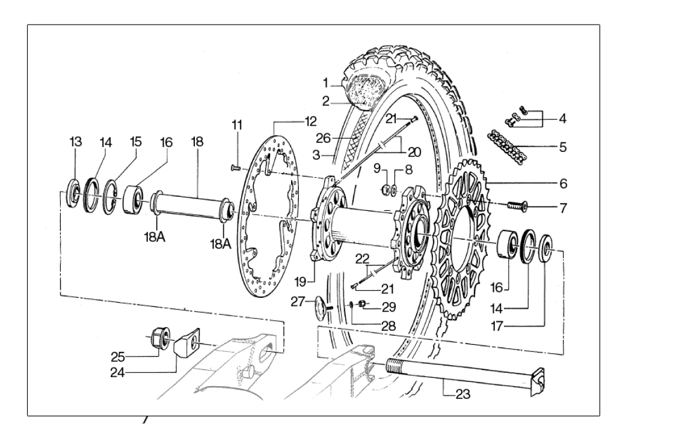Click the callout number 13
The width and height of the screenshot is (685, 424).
(75, 142)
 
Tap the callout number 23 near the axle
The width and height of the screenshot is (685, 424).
(462, 395)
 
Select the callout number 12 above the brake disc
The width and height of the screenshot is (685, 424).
(310, 121)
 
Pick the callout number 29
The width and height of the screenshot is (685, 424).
(389, 307)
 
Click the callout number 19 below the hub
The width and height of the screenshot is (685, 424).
(301, 280)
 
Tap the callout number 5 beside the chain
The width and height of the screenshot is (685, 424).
(563, 147)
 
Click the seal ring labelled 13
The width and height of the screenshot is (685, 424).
(75, 194)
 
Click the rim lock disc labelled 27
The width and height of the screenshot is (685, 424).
(323, 306)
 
